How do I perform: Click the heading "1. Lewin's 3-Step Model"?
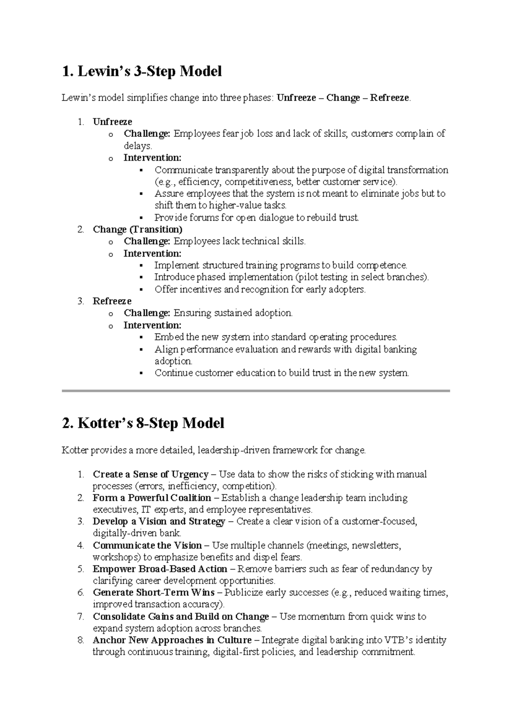[142, 71]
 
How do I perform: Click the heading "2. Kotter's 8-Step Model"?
[143, 423]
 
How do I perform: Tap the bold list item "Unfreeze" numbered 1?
[112, 122]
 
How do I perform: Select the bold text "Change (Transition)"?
[137, 229]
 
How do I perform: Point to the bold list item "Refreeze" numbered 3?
[112, 301]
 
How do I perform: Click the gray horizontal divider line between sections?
[256, 390]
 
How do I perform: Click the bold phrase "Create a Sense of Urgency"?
[150, 474]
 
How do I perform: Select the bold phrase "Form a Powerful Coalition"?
[151, 498]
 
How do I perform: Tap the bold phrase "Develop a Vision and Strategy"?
[159, 521]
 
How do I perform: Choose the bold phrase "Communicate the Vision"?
[147, 545]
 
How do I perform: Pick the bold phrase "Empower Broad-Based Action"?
[160, 569]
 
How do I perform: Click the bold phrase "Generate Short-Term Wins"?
[154, 593]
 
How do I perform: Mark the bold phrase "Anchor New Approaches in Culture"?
[172, 640]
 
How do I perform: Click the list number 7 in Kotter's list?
[81, 616]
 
